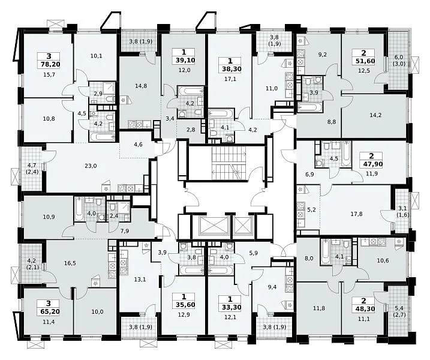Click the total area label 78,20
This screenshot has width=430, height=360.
[x=49, y=64]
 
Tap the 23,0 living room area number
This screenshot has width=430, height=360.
[x=91, y=166]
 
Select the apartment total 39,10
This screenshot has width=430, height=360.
[x=184, y=60]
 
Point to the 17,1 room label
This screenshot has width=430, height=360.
[x=230, y=79]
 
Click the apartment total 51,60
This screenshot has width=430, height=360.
[x=363, y=61]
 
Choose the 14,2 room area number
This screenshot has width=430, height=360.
[x=375, y=115]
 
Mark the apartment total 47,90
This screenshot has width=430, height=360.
[x=372, y=164]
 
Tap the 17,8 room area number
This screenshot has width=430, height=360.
[x=356, y=214]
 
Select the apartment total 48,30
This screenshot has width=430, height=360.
[x=363, y=308]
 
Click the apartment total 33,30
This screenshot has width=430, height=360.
[x=230, y=307]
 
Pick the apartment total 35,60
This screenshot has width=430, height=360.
[x=184, y=305]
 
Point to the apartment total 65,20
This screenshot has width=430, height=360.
[x=49, y=312]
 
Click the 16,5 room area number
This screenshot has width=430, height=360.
[x=70, y=263]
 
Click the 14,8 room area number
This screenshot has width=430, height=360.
[x=141, y=86]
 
